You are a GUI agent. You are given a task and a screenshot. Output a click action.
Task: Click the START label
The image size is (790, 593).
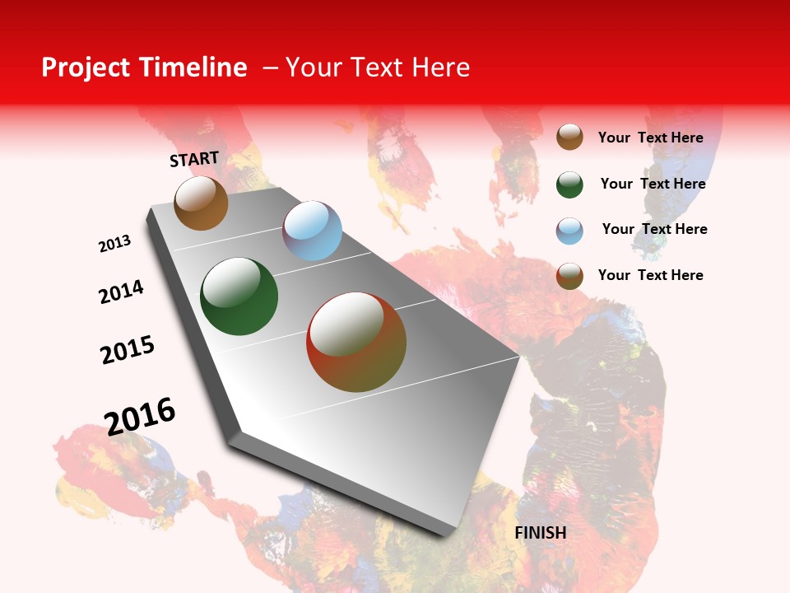pos(194,159)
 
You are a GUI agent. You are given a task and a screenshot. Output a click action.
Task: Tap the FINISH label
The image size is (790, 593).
pos(540,533)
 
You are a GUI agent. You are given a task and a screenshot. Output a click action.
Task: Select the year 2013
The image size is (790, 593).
pos(114,244)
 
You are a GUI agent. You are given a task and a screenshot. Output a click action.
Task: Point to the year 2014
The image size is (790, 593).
pos(121,292)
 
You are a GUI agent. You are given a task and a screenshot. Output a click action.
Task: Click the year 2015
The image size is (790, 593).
pos(128,350)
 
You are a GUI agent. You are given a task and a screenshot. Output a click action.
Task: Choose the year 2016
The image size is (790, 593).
pos(140,416)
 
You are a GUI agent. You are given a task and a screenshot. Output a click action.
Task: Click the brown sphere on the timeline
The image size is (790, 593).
pos(201,203)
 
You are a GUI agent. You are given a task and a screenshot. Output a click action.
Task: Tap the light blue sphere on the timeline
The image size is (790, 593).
pos(312,231)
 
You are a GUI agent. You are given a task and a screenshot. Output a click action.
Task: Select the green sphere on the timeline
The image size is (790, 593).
pos(239,296)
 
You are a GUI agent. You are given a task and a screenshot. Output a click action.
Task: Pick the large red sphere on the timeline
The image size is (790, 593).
pos(356,342)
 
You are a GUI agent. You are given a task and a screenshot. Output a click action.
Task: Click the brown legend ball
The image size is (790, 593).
pos(569,137)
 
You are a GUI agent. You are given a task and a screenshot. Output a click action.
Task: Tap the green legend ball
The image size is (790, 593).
pos(569,184)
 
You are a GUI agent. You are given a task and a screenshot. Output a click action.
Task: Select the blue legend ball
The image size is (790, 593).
pos(569,231)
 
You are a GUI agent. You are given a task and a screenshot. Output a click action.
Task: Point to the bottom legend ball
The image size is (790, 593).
pos(569,276)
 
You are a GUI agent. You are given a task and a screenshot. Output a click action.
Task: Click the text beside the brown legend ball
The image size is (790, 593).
pos(650,138)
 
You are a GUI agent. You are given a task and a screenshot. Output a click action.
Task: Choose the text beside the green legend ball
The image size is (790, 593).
pos(653,184)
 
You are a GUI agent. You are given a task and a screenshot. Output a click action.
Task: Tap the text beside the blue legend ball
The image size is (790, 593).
pos(654,229)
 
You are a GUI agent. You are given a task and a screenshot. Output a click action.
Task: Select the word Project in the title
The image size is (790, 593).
pos(86,68)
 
